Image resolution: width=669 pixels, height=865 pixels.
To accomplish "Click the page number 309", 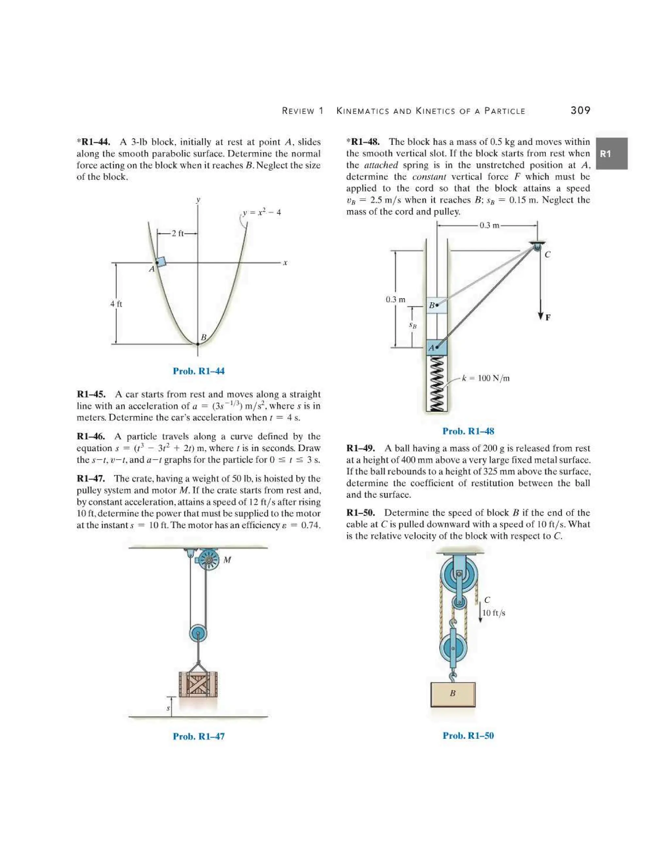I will tap(580, 111).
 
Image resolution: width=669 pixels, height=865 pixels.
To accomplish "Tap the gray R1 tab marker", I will tap(611, 154).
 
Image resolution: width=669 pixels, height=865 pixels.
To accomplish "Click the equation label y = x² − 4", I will tap(262, 213).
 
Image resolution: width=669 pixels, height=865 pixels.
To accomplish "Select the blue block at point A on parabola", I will tap(160, 261).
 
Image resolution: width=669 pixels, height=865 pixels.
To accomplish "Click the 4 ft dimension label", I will tap(116, 304).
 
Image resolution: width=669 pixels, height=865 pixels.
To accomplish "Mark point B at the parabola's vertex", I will tap(198, 344).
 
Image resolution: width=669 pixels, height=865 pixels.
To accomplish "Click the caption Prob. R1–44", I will tap(199, 371).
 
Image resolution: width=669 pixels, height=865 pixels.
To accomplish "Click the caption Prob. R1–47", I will tap(199, 736).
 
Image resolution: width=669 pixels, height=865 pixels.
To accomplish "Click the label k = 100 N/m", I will tap(486, 378).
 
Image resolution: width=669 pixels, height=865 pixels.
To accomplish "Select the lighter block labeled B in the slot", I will tap(436, 306).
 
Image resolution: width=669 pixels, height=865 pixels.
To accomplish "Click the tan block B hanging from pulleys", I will tap(453, 694).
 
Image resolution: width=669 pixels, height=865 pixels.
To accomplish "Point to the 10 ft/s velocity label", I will tap(494, 613).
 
